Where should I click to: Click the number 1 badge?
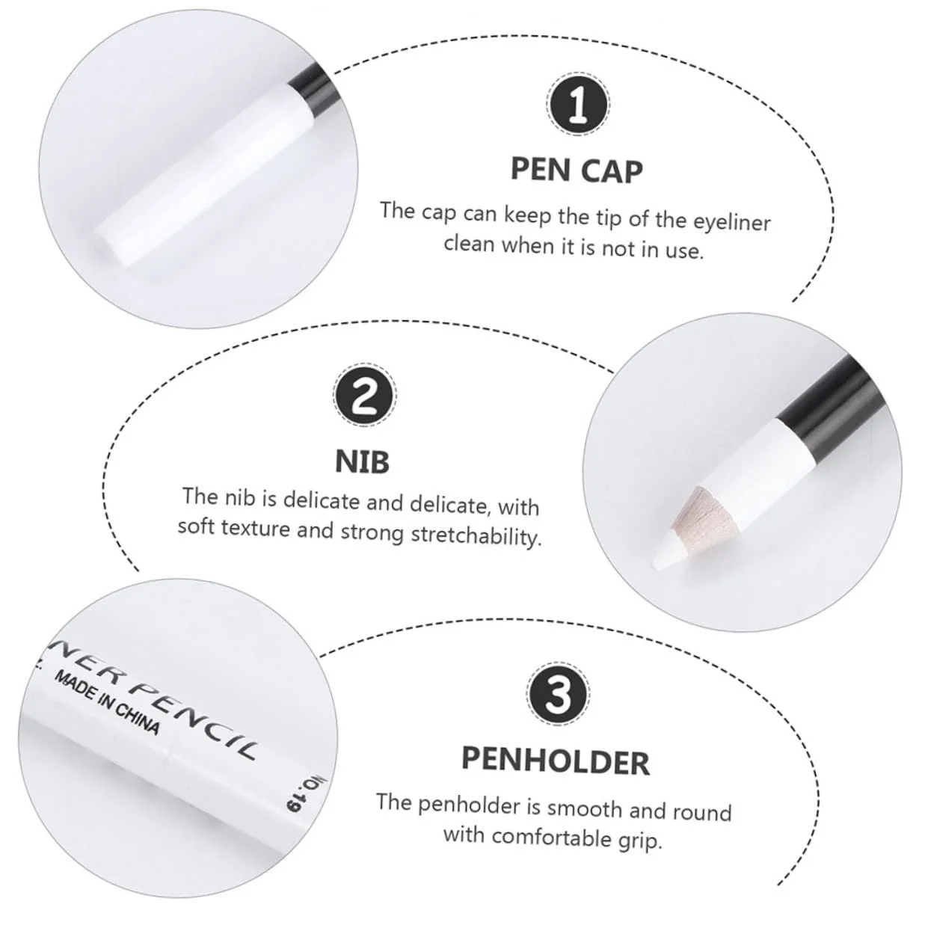click(x=578, y=105)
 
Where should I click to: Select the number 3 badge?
click(x=559, y=693)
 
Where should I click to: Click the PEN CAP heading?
click(x=577, y=170)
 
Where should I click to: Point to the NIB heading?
click(x=363, y=462)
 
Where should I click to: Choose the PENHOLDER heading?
click(x=555, y=762)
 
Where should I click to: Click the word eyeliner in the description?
click(x=731, y=223)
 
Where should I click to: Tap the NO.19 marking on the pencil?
click(x=304, y=799)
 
